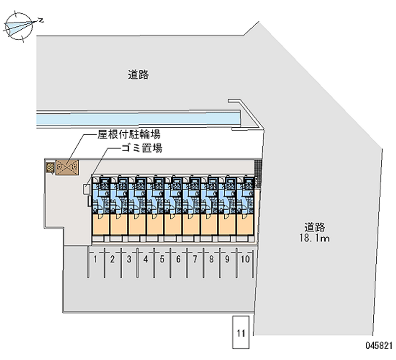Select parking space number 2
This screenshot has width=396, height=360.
112,259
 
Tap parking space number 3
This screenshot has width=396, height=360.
129,259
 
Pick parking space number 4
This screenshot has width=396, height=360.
146,259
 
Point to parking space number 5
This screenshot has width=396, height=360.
162,259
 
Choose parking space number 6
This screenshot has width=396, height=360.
178,259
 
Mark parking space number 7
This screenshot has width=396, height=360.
195,259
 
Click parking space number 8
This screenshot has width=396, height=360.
211,259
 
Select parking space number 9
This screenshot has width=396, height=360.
228,259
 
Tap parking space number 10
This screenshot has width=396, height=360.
245,259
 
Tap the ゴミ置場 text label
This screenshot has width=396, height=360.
142,148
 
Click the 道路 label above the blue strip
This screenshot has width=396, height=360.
139,75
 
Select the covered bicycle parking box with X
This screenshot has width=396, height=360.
66,168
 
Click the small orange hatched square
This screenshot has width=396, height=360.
49,168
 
